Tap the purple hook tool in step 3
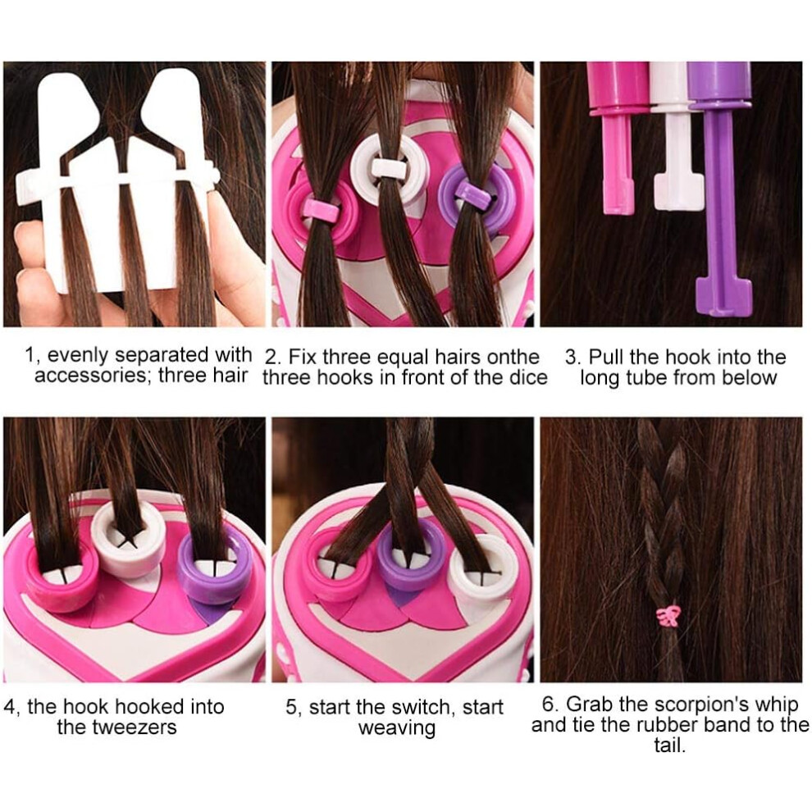pyautogui.click(x=720, y=186)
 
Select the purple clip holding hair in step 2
pyautogui.click(x=472, y=195)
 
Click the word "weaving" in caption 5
pyautogui.click(x=397, y=728)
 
